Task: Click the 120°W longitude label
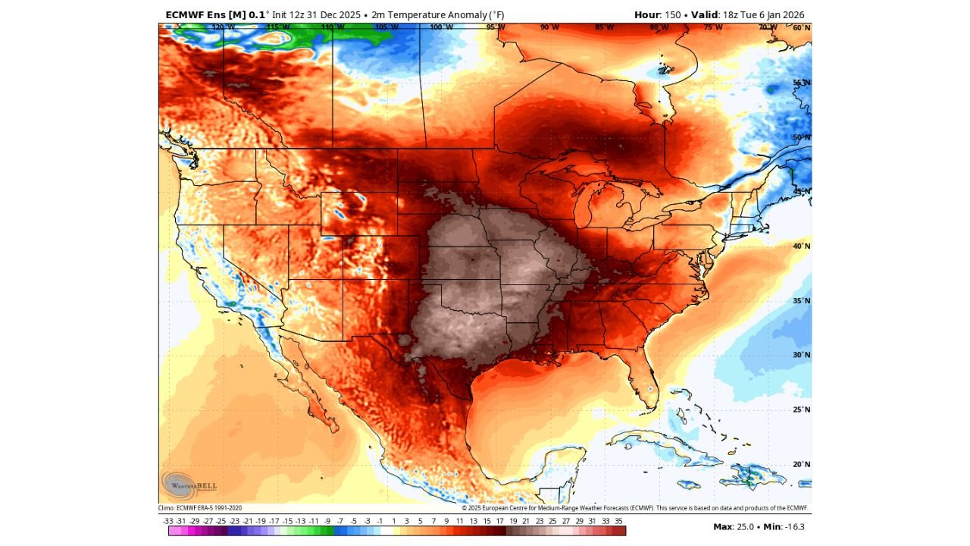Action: (x=223, y=27)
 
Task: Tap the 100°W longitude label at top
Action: (x=441, y=27)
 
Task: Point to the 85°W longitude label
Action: (x=605, y=27)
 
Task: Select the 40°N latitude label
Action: (x=802, y=246)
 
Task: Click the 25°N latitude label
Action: (x=802, y=409)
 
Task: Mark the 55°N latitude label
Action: (x=802, y=83)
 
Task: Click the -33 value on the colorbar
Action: (x=168, y=521)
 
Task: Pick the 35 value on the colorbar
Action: (x=619, y=521)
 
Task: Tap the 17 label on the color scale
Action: (x=500, y=521)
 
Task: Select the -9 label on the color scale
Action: (x=327, y=521)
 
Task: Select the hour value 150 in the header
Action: (x=672, y=14)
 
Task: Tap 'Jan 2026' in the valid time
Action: (x=784, y=14)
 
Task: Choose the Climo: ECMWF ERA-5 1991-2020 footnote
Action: (x=200, y=508)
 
